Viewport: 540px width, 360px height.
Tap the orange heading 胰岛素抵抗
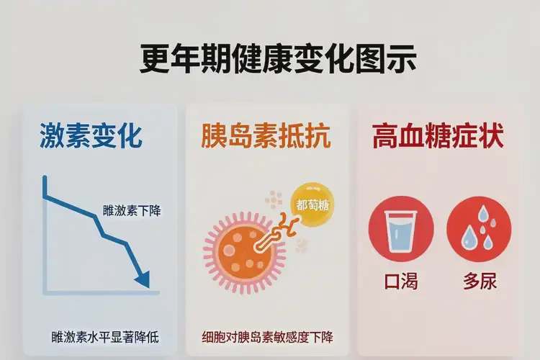click(267, 136)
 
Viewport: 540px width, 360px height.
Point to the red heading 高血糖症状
click(437, 136)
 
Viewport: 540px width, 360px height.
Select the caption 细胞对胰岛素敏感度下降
click(267, 336)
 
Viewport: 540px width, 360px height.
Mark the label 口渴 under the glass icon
click(401, 282)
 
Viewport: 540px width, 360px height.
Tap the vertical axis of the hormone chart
click(45, 230)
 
